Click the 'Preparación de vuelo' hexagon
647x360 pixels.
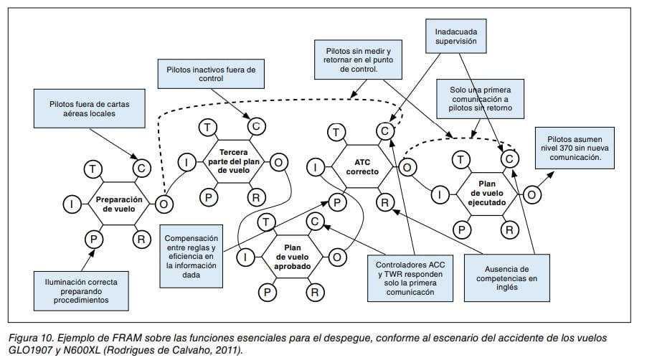click(118, 204)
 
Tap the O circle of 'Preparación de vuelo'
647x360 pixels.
click(164, 204)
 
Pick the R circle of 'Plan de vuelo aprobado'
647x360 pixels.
click(313, 291)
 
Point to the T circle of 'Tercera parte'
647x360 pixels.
click(207, 128)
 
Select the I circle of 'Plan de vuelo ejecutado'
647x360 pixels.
click(440, 194)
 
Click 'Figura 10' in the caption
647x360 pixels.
click(28, 337)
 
